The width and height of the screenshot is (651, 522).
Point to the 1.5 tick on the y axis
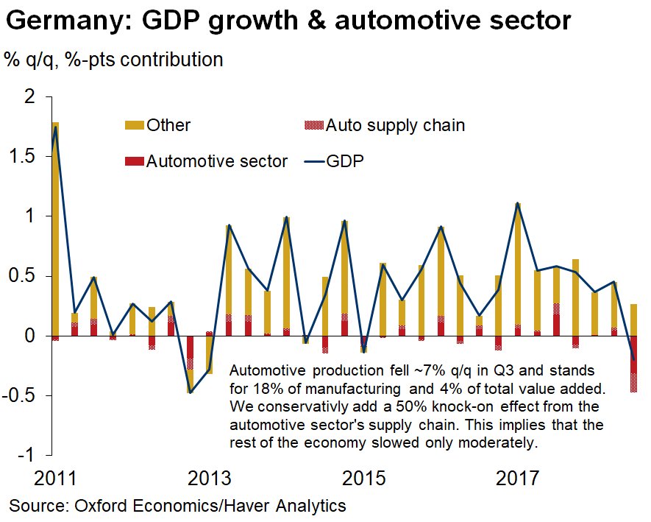pyautogui.click(x=27, y=156)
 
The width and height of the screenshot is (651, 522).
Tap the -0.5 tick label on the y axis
pyautogui.click(x=24, y=395)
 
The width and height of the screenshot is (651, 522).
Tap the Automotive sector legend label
pyautogui.click(x=217, y=161)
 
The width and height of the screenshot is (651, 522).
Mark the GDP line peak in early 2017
pyautogui.click(x=518, y=203)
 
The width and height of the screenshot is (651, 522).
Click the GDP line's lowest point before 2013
pyautogui.click(x=191, y=392)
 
